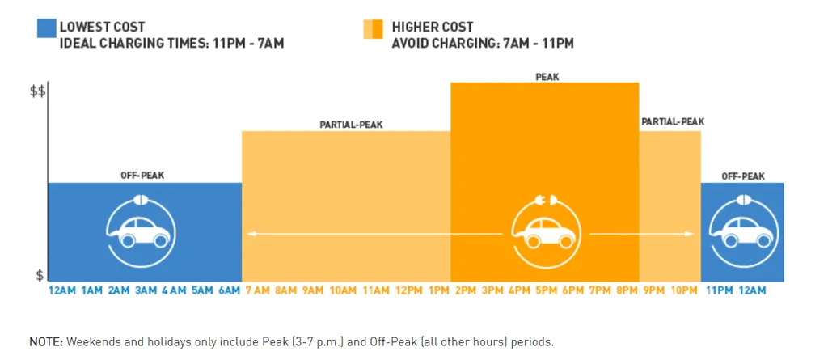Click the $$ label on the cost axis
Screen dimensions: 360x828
click(x=37, y=92)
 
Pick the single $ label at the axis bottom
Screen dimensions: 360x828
click(x=40, y=275)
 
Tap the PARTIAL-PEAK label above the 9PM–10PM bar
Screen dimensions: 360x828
click(x=673, y=121)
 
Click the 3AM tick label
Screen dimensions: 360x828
click(x=147, y=290)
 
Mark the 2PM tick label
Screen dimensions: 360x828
click(x=467, y=290)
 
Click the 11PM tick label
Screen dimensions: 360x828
click(x=717, y=290)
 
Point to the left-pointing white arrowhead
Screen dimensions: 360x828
click(x=251, y=234)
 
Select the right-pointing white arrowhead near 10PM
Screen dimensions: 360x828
click(x=689, y=234)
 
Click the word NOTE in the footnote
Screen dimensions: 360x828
click(x=45, y=341)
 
